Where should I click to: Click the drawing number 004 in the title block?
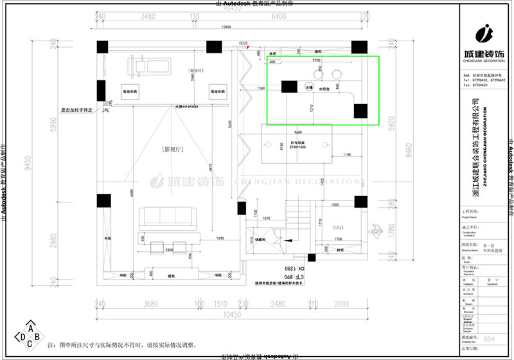pyautogui.click(x=489, y=337)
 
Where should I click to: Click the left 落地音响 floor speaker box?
pyautogui.click(x=131, y=92)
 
